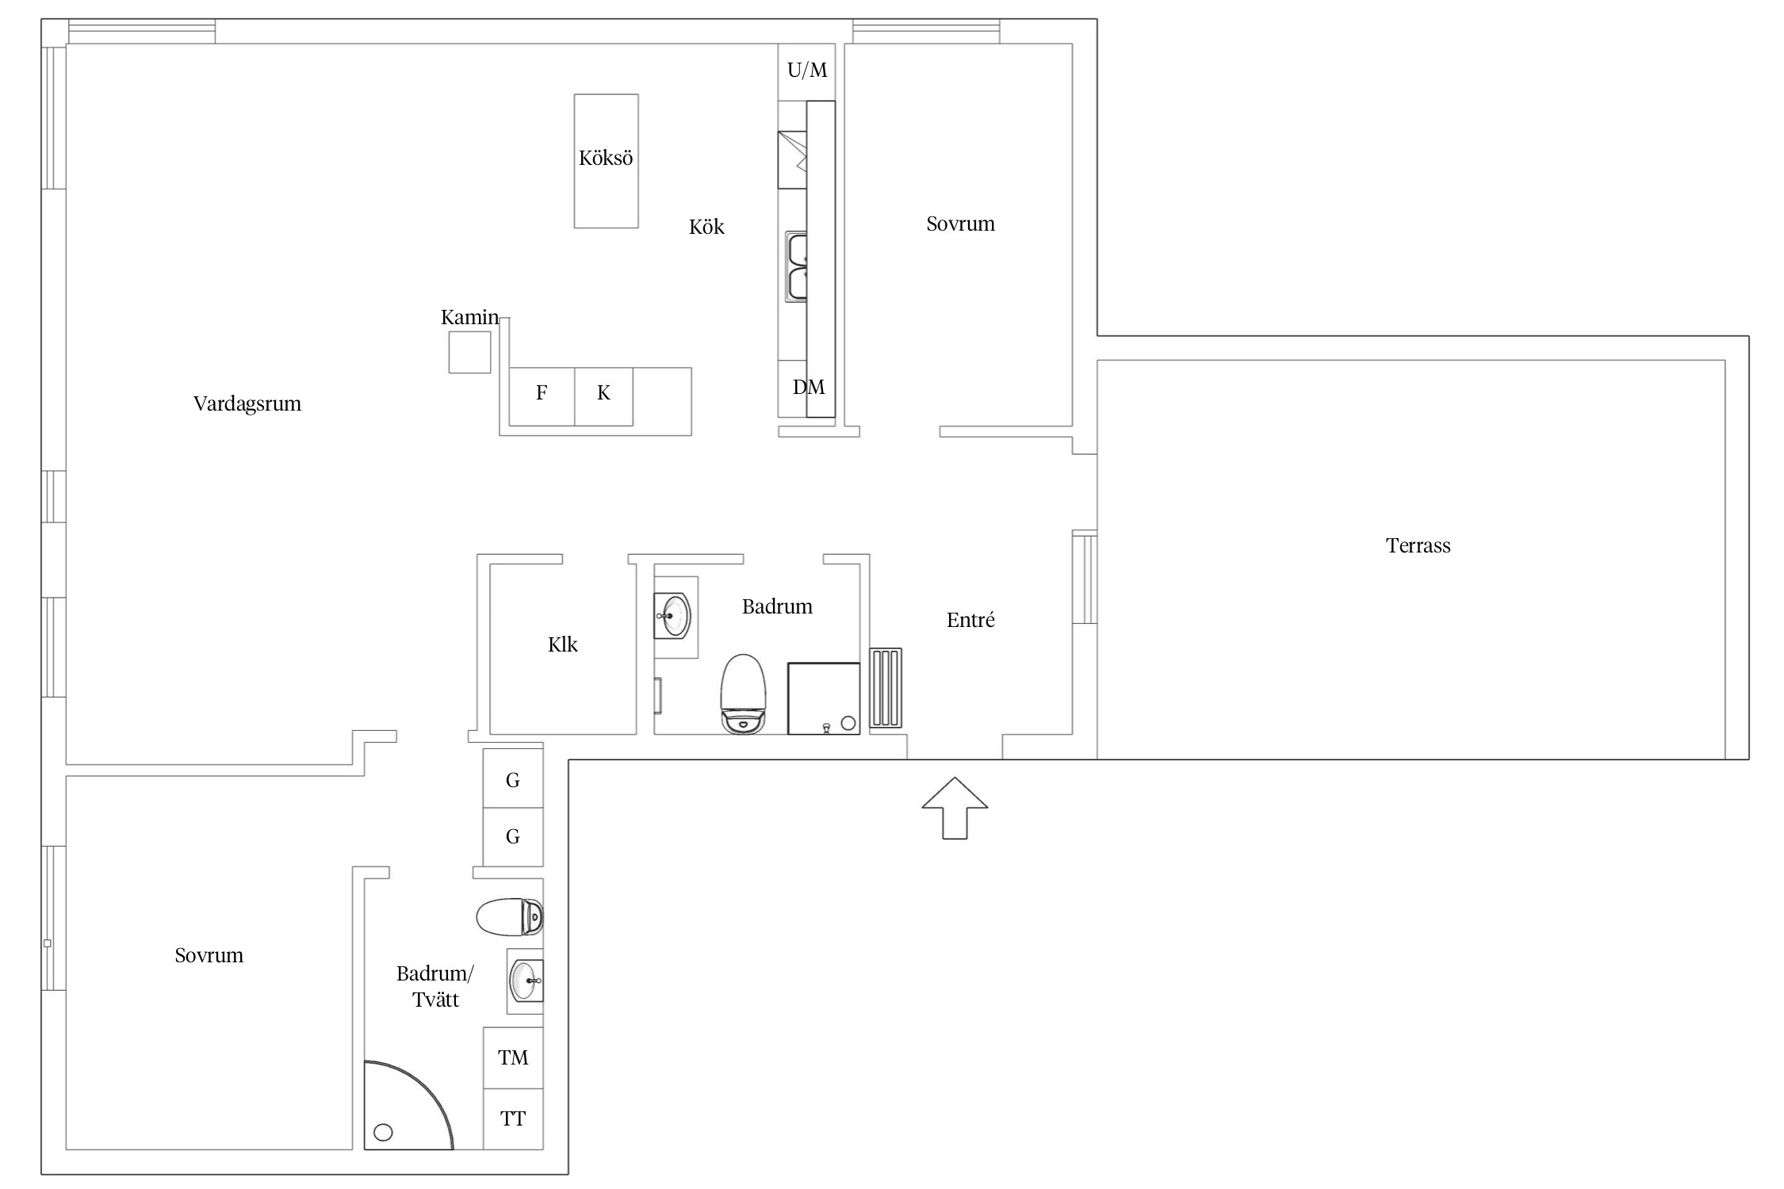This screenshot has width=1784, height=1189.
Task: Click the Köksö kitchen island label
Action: pos(606,159)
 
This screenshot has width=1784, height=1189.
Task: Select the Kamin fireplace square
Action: pos(469,352)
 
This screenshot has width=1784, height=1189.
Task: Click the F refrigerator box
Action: pos(542,396)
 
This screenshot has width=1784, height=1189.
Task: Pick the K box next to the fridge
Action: pos(603,396)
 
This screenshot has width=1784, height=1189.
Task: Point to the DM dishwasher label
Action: pos(809,387)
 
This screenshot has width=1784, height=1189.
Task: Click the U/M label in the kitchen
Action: pos(807,71)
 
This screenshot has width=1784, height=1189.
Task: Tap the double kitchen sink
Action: pos(796,266)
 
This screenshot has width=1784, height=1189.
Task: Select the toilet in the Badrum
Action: pos(744,694)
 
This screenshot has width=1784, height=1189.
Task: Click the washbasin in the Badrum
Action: pos(673,616)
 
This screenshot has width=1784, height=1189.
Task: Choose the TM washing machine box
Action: pos(513,1057)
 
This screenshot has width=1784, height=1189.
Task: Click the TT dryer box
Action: pos(513,1118)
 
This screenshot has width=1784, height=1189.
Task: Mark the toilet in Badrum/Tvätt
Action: pos(510,917)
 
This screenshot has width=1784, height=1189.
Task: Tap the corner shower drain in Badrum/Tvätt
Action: pos(383,1133)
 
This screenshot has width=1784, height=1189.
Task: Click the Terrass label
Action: pos(1418,546)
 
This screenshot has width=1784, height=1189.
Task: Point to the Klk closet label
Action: pos(563,644)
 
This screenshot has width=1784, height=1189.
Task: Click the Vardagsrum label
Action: pos(247,404)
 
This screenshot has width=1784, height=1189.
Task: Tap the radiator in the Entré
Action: pos(886,688)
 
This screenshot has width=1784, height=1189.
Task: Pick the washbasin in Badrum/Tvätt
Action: pos(526,981)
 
